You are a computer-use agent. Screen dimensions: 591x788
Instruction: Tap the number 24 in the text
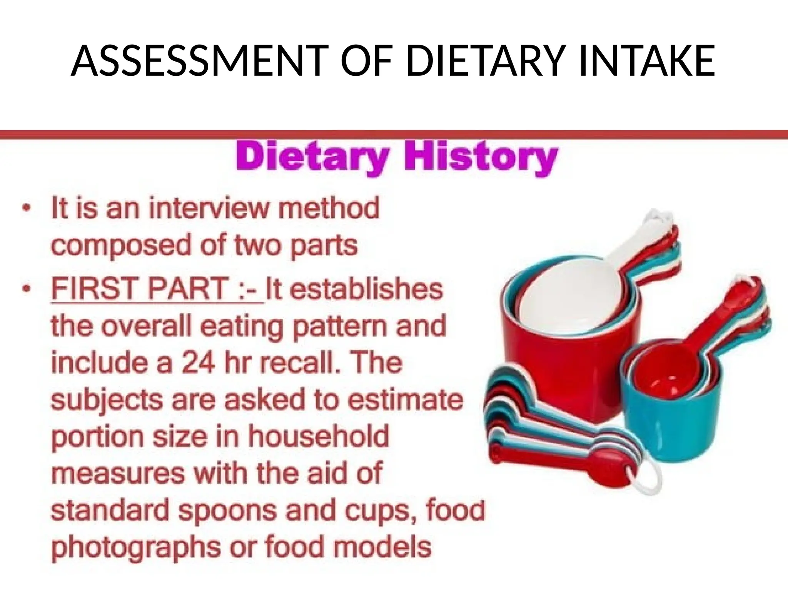pos(197,363)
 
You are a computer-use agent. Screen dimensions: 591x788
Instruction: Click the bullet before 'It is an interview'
pos(26,209)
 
